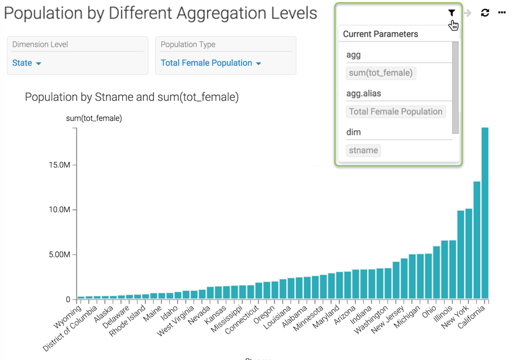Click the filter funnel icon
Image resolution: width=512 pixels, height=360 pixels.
coord(451,12)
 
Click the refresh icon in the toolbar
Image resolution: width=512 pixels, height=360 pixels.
coord(485,12)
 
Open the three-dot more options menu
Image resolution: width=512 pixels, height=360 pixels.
coord(502,12)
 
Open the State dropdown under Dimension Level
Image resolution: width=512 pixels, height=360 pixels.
coord(27,63)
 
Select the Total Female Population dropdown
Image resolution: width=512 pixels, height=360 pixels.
coord(210,63)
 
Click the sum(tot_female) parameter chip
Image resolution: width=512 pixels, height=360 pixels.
coord(381,73)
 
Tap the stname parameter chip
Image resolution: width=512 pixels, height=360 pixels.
coord(363,151)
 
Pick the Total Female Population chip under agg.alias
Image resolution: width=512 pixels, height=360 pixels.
coord(395,112)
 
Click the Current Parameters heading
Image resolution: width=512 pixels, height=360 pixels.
coord(380,34)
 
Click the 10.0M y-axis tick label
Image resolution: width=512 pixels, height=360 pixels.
coord(59,210)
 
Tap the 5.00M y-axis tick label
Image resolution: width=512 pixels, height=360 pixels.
coord(59,255)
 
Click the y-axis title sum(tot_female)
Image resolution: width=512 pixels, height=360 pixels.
coord(94,118)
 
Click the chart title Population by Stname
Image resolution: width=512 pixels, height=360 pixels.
coord(131,97)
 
